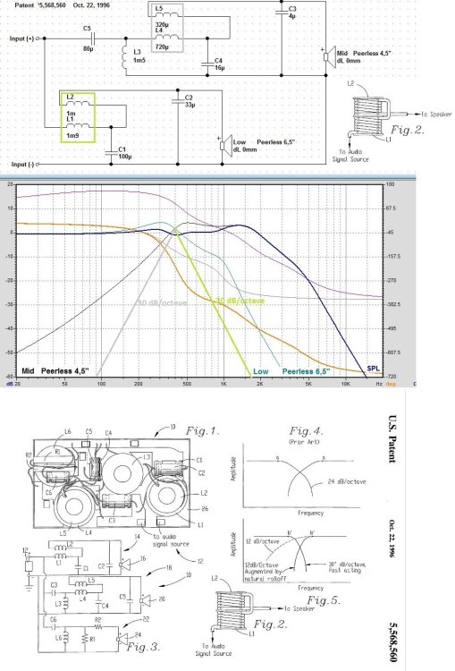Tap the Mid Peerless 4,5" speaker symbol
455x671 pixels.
click(328, 55)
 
